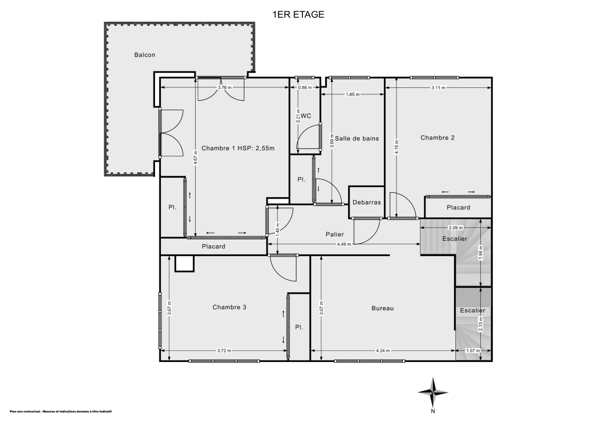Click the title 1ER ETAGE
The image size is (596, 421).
pos(298,14)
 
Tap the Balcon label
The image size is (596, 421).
pos(145,55)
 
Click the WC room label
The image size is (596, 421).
pos(306,116)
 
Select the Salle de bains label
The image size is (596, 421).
pos(357,139)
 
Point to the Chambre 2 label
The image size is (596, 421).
pos(438,138)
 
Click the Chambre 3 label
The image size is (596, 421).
pos(229,307)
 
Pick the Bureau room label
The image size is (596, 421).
pos(382,308)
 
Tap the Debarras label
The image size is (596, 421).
pos(367,203)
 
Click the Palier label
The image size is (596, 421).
pos(335,234)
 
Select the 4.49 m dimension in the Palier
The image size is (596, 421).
pos(344,244)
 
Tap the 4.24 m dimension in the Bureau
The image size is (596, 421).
pos(383,351)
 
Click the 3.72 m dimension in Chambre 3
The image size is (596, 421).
pos(224,351)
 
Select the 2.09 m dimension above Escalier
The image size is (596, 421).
pos(455,228)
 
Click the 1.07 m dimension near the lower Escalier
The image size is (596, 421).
pos(473,351)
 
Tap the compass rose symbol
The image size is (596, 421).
pos(433,392)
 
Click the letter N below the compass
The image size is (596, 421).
pos(433,411)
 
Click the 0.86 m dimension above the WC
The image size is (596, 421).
pos(304,88)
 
